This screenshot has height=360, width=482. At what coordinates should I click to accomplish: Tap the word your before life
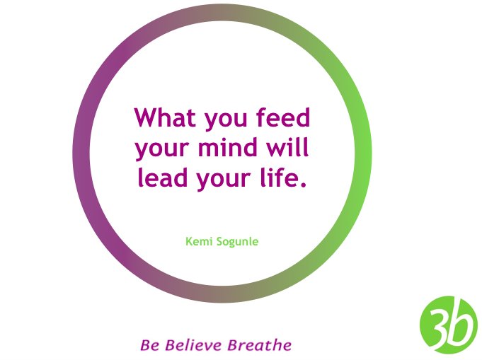pos(226,180)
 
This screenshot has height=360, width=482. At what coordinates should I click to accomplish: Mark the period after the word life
pos(304,186)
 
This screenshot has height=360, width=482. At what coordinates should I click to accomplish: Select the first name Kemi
pos(197,242)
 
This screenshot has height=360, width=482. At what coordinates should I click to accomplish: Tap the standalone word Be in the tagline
pos(149,346)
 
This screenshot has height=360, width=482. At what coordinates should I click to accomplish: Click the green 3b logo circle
pos(448,325)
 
